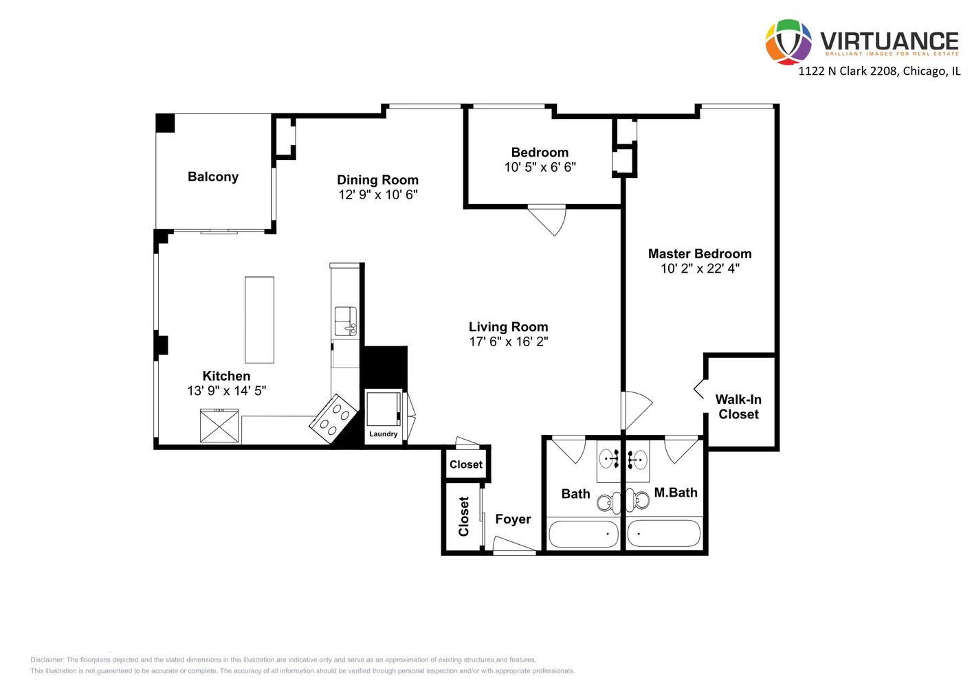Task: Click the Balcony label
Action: click(x=213, y=177)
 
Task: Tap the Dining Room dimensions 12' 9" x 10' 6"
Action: click(x=377, y=195)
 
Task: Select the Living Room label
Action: click(x=508, y=327)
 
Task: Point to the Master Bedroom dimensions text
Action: click(x=700, y=269)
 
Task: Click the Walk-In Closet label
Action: click(x=738, y=407)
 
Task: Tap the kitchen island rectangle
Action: click(x=259, y=319)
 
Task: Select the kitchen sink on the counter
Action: click(x=345, y=321)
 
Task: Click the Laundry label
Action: click(x=383, y=434)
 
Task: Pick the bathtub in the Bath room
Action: click(x=583, y=533)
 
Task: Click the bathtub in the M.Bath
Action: click(x=663, y=533)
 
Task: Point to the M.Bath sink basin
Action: click(x=639, y=458)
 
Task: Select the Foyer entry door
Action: click(x=514, y=547)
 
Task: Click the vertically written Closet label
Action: click(x=463, y=517)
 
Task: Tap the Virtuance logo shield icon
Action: click(x=788, y=42)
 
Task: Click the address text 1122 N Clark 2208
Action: click(x=848, y=71)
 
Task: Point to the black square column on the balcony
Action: click(x=165, y=123)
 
